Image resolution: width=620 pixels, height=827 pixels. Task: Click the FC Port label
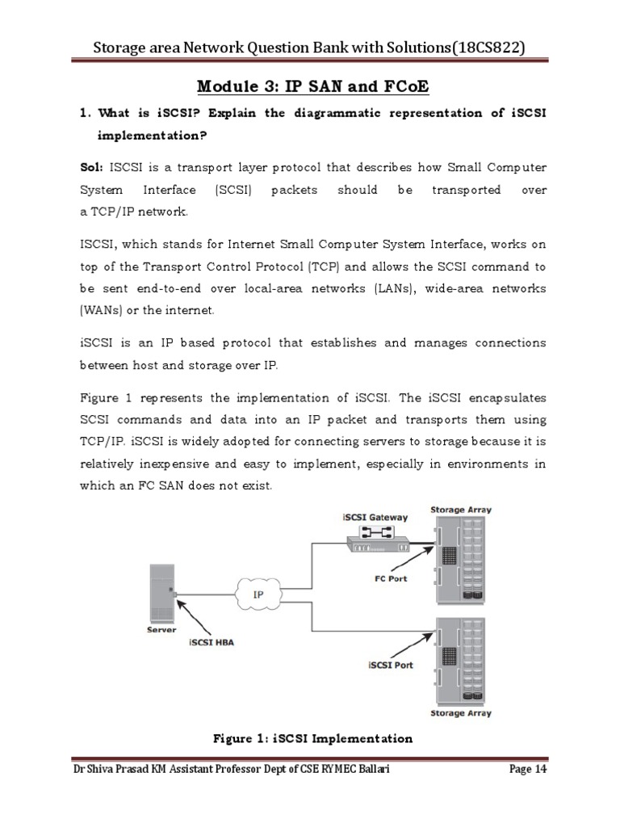392,579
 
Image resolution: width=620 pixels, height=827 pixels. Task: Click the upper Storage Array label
461,510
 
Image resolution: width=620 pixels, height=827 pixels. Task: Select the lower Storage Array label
460,713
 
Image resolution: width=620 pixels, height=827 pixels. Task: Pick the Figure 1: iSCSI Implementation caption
312,738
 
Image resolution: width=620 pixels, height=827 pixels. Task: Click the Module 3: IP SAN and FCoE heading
310,86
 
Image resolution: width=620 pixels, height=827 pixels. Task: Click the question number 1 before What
84,113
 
